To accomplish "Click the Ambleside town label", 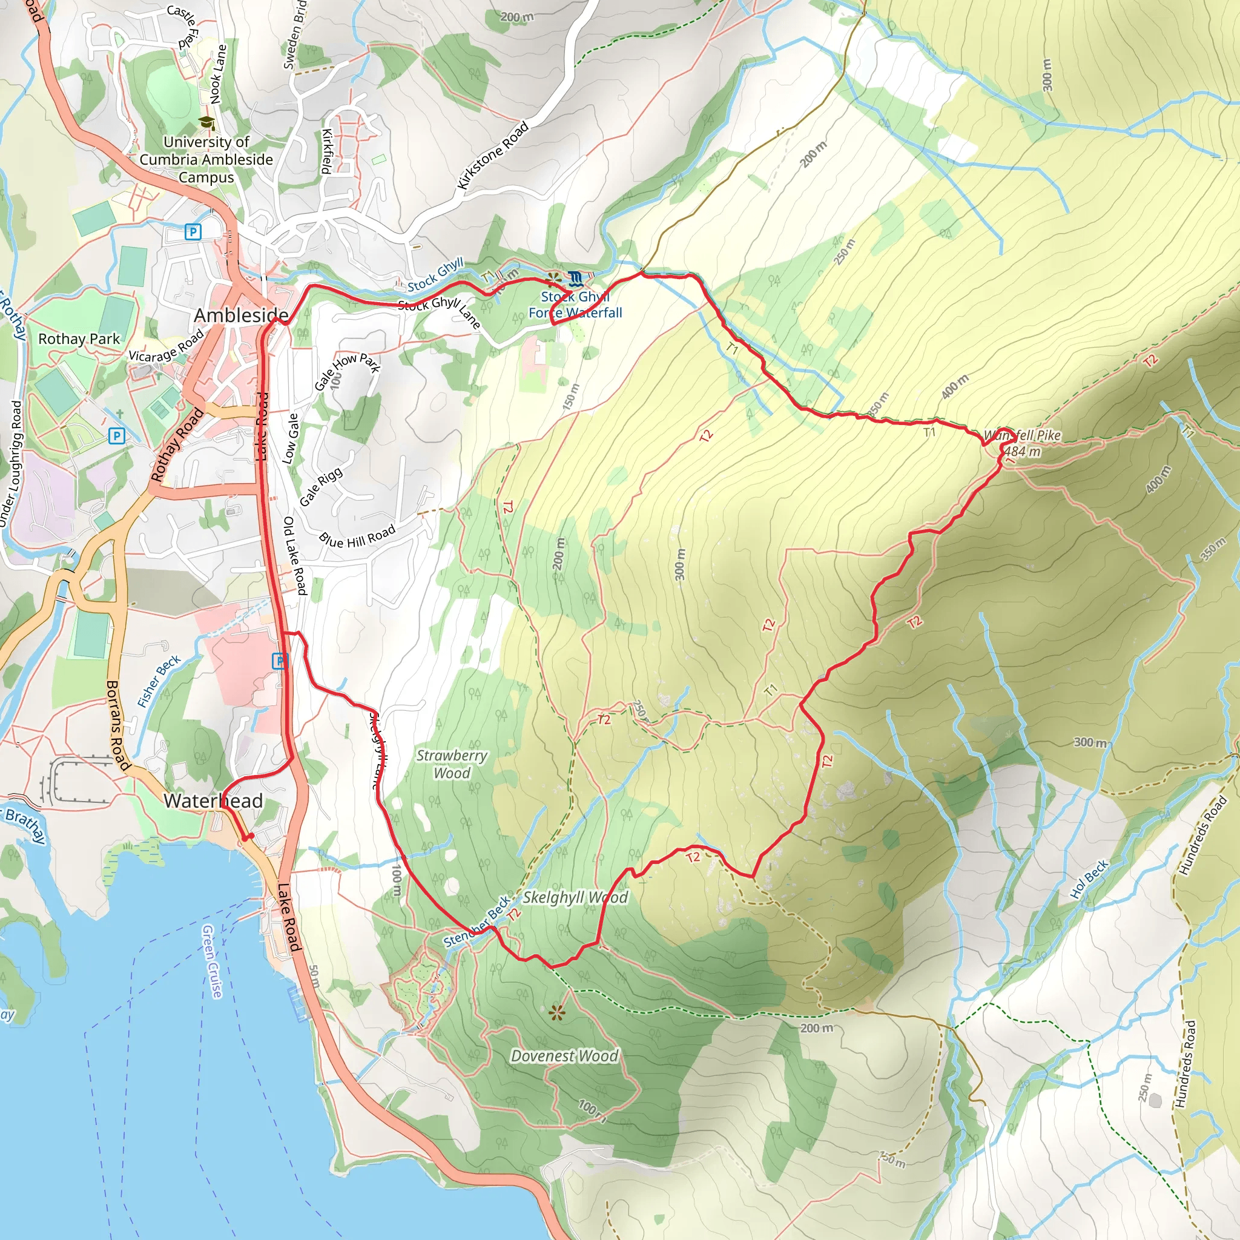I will (x=241, y=315).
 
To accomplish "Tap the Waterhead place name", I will (x=213, y=800).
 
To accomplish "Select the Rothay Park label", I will (x=79, y=339).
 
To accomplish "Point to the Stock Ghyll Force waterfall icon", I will (x=575, y=279).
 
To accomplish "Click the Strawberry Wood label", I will (x=452, y=763).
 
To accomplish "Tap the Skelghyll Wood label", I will (x=575, y=897).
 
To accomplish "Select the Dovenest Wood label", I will (x=564, y=1056).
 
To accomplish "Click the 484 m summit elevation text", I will (x=1022, y=451).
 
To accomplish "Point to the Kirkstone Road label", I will (x=493, y=156).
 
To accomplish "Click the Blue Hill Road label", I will (x=357, y=536).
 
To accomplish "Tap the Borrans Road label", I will (x=117, y=725).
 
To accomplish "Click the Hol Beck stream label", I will (x=1089, y=879).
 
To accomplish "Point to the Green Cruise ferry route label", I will (x=212, y=961).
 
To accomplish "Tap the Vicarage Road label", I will (x=167, y=346).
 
